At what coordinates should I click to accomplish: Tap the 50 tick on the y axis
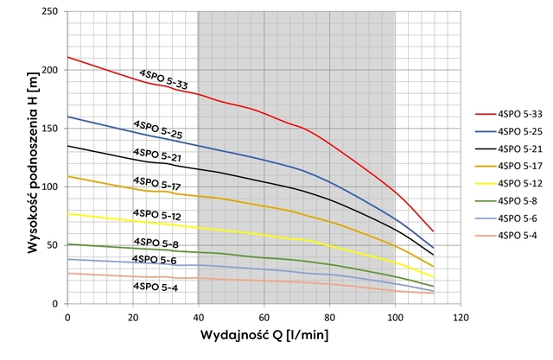click(x=54, y=245)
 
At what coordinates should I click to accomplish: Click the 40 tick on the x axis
click(x=199, y=316)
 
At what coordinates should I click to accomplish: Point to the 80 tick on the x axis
click(x=329, y=316)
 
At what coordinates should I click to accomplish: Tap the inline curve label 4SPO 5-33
click(x=164, y=79)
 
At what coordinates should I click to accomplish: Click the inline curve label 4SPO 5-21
click(x=157, y=155)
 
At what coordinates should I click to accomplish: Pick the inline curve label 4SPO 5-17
click(x=157, y=183)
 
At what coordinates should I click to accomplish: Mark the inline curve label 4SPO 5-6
click(x=155, y=259)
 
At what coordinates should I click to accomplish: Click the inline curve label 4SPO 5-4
click(x=156, y=286)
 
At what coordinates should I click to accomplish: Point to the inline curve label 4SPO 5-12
click(x=157, y=214)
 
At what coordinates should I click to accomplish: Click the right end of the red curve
click(x=433, y=231)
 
